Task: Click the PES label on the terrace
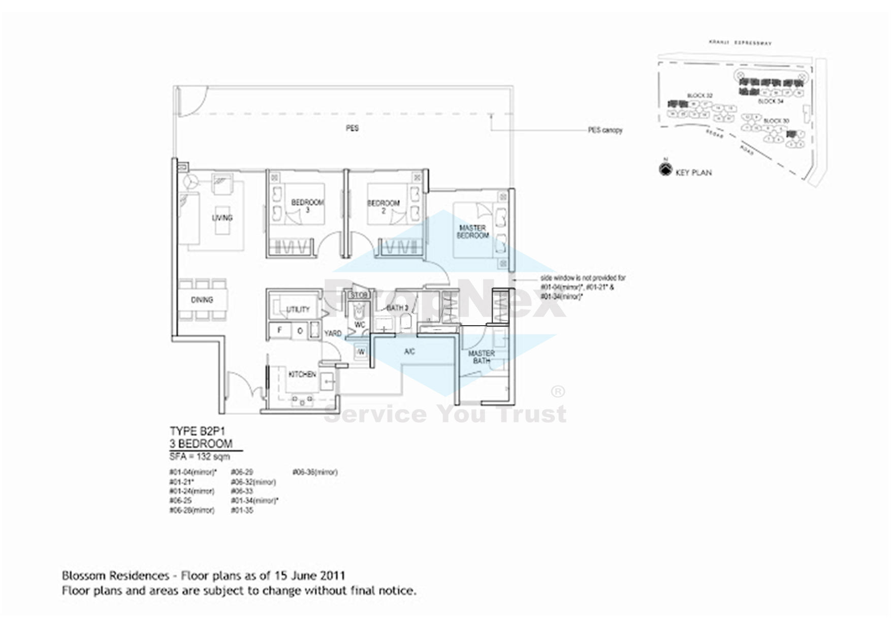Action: coord(352,129)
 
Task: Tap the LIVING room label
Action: coord(222,218)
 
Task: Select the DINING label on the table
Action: coord(202,300)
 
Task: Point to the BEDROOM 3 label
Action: coord(307,206)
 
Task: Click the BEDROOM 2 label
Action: coord(384,206)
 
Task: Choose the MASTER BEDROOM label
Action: coord(473,232)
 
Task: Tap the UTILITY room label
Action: coord(298,309)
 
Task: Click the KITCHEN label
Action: coord(302,374)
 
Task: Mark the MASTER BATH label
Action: coord(481,357)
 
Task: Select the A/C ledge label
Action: coord(409,352)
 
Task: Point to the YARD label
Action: coord(333,334)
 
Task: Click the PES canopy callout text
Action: coord(605,131)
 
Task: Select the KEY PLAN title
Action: coord(693,173)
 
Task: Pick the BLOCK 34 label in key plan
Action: coord(770,102)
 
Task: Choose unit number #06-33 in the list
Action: coord(242,491)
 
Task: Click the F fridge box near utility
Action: coord(279,331)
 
